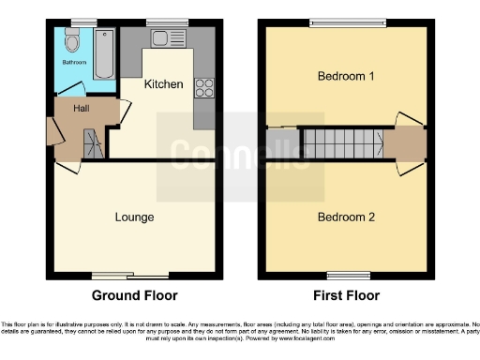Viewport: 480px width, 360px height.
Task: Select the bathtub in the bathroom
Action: point(103,53)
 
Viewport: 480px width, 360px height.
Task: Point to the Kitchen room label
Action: point(162,84)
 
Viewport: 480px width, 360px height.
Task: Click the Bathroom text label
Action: point(74,63)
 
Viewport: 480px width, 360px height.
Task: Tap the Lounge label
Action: point(134,217)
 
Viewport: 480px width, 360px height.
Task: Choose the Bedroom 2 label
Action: point(346,217)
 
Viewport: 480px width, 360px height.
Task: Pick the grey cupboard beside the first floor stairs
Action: point(278,144)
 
